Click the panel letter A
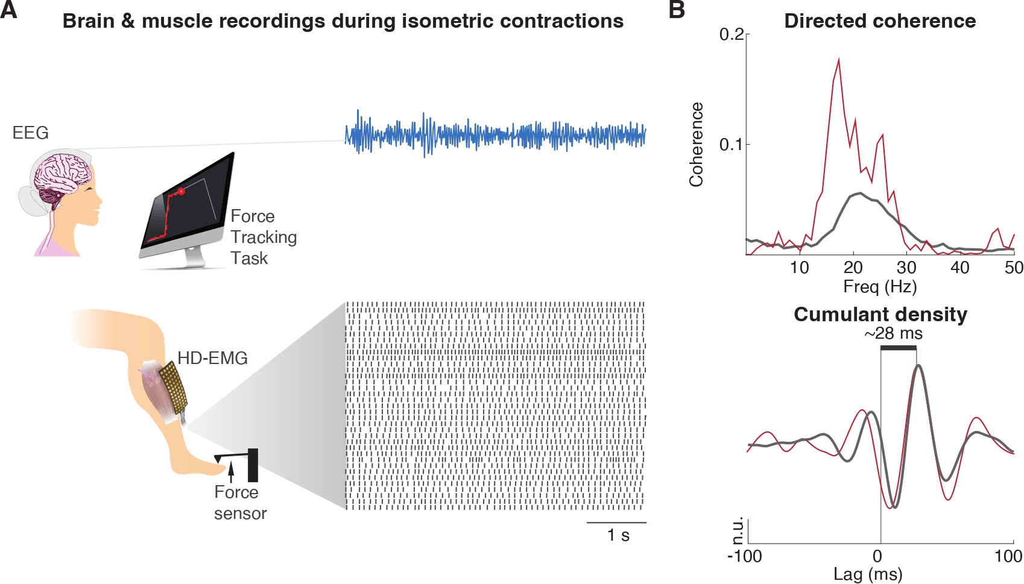pyautogui.click(x=8, y=10)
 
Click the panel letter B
pyautogui.click(x=677, y=10)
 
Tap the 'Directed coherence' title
pyautogui.click(x=880, y=21)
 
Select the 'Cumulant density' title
pyautogui.click(x=880, y=315)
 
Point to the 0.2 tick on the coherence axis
pyautogui.click(x=732, y=34)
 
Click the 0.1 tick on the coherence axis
pyautogui.click(x=732, y=145)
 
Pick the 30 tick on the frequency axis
pyautogui.click(x=906, y=268)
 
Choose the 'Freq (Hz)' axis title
pyautogui.click(x=880, y=286)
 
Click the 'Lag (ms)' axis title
pyautogui.click(x=868, y=574)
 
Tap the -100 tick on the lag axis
pyautogui.click(x=745, y=557)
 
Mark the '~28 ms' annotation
pyautogui.click(x=893, y=333)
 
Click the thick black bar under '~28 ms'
pyautogui.click(x=899, y=348)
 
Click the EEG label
pyautogui.click(x=31, y=133)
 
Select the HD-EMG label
pyautogui.click(x=212, y=358)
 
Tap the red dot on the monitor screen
pyautogui.click(x=181, y=192)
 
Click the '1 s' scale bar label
pyautogui.click(x=618, y=535)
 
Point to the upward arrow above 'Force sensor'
pyautogui.click(x=232, y=472)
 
